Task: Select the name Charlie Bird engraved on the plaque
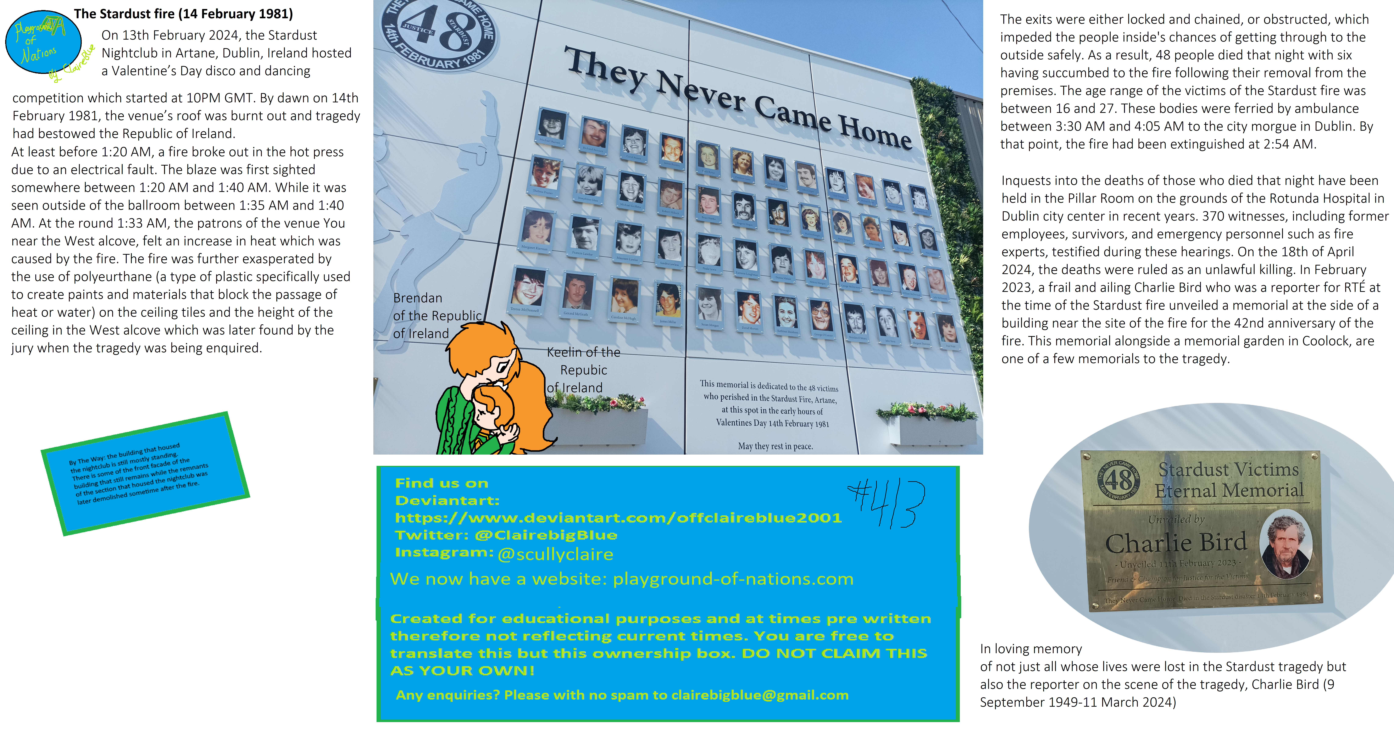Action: pyautogui.click(x=1175, y=542)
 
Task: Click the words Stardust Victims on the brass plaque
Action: pyautogui.click(x=1228, y=469)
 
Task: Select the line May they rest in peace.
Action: pyautogui.click(x=775, y=446)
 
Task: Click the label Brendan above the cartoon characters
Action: pyautogui.click(x=417, y=298)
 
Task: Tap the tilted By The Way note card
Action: pyautogui.click(x=145, y=474)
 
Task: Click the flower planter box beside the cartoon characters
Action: pyautogui.click(x=598, y=424)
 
